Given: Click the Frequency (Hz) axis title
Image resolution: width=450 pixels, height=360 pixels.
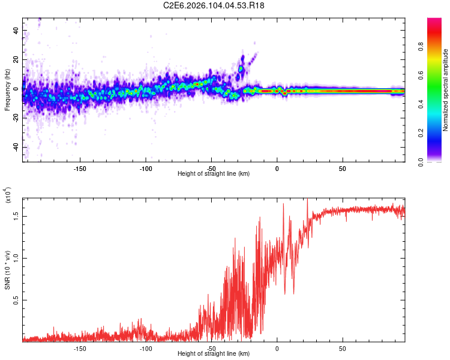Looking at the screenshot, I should pyautogui.click(x=8, y=90).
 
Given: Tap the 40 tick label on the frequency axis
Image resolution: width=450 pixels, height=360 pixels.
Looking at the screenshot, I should pyautogui.click(x=16, y=30).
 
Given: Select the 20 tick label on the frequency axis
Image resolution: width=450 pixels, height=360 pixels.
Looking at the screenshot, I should pyautogui.click(x=16, y=59).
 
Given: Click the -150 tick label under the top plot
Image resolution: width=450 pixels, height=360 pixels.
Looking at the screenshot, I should pyautogui.click(x=80, y=169).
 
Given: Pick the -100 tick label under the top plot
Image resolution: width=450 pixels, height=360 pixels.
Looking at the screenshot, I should pyautogui.click(x=146, y=169).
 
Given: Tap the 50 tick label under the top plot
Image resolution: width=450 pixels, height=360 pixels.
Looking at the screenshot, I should pyautogui.click(x=342, y=169).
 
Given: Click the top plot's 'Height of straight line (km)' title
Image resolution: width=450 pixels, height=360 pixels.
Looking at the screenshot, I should pyautogui.click(x=214, y=174).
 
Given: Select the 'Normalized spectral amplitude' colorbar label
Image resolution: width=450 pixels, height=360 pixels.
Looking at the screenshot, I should pyautogui.click(x=446, y=90).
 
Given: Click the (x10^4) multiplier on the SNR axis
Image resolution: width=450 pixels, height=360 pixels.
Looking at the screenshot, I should pyautogui.click(x=7, y=195).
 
